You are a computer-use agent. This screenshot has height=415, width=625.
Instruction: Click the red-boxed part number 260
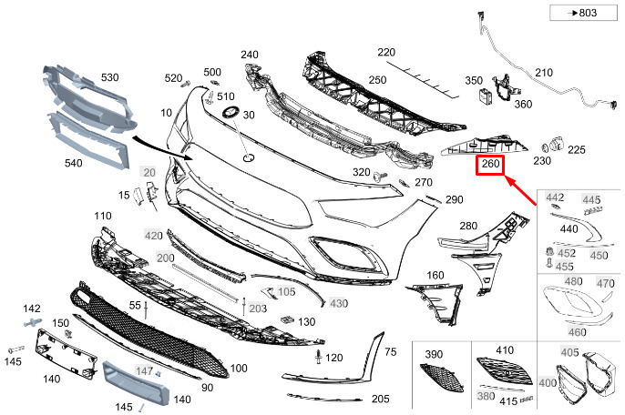tap(490, 164)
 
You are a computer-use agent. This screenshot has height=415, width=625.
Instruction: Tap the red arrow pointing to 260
tap(521, 191)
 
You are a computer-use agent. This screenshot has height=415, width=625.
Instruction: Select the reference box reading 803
tap(583, 13)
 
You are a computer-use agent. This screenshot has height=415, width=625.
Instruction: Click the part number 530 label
tap(109, 77)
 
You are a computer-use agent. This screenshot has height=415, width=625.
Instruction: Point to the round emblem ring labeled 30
tap(231, 112)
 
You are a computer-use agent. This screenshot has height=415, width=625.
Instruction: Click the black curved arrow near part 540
tap(162, 148)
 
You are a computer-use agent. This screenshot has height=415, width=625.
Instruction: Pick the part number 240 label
tap(250, 55)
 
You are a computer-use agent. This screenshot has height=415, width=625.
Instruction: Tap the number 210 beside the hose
tap(544, 73)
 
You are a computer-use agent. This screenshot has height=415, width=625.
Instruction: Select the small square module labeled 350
tap(486, 96)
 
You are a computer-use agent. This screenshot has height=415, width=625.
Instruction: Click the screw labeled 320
tap(380, 177)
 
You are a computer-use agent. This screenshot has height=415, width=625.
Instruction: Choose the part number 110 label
tap(103, 216)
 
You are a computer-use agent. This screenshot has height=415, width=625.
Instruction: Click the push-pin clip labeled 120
tap(319, 357)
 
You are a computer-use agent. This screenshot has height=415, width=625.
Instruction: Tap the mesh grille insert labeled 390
tap(441, 378)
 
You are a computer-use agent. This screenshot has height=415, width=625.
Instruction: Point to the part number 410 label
tap(505, 350)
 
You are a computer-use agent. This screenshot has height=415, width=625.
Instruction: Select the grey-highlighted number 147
tap(144, 370)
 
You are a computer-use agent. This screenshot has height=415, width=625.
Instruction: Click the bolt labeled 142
tap(33, 322)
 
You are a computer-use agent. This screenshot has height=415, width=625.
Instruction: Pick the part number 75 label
tap(391, 351)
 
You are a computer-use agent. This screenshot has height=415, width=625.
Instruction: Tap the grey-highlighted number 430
tap(339, 303)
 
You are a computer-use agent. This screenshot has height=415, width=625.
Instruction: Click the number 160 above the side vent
tap(435, 275)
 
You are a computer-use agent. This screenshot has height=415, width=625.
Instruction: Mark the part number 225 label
tap(577, 150)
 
